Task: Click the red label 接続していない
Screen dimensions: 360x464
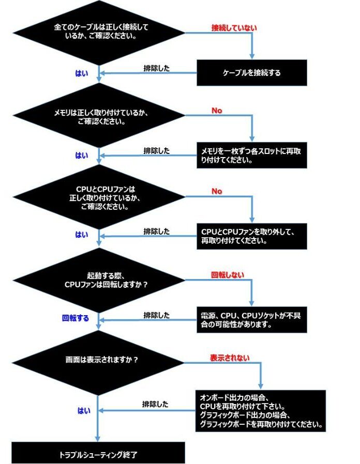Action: [234, 28]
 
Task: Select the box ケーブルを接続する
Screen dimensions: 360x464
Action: [252, 73]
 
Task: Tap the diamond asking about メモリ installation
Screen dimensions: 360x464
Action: [99, 115]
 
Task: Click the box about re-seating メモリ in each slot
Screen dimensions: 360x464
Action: [252, 156]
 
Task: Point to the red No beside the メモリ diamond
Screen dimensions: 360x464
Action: [217, 111]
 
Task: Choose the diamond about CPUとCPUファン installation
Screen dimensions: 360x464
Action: [99, 196]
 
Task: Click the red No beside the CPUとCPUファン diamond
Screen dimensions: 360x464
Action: [217, 191]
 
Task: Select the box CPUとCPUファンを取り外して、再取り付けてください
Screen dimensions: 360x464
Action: [252, 236]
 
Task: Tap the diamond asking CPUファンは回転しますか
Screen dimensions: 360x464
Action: [99, 280]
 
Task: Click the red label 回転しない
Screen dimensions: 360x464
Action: [228, 274]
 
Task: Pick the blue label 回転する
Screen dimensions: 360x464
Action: [76, 318]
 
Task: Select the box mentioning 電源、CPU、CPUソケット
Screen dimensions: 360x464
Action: [252, 320]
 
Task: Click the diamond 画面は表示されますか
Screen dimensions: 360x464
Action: [98, 363]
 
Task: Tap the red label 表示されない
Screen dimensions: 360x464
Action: [230, 358]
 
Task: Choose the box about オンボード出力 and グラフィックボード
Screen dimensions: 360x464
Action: [261, 411]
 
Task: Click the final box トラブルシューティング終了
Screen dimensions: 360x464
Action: [98, 453]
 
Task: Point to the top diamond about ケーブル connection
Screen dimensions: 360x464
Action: [99, 33]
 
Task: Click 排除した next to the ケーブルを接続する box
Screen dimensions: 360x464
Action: [156, 68]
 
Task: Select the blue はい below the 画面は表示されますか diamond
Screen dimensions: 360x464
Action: [84, 411]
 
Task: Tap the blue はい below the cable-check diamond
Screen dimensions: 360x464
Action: [82, 73]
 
